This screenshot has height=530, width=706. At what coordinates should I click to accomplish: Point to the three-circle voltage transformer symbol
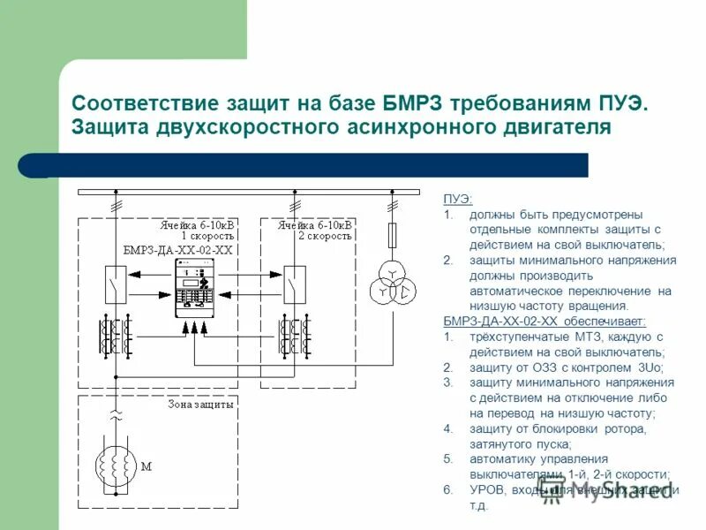pyautogui.click(x=390, y=282)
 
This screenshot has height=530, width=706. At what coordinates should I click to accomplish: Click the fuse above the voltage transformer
pyautogui.click(x=392, y=235)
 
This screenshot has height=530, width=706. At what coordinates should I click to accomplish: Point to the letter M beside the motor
pyautogui.click(x=146, y=466)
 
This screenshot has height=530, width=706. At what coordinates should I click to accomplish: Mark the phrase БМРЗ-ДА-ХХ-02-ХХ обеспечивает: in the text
pyautogui.click(x=544, y=321)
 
